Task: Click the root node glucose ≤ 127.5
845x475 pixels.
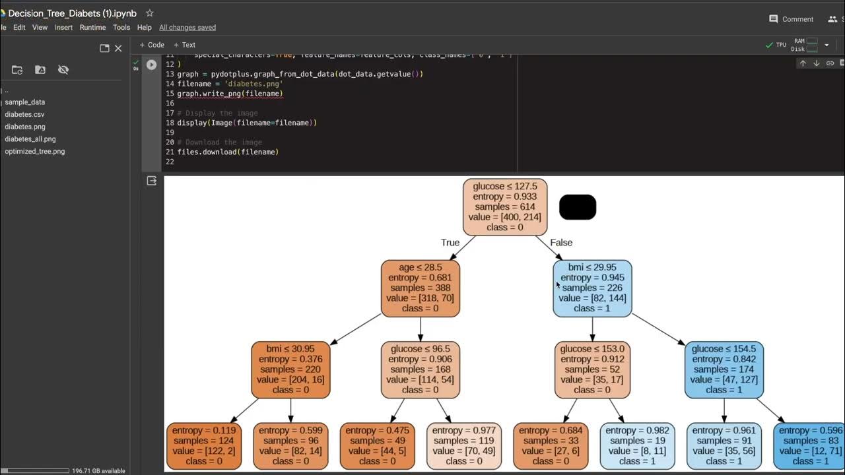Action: [x=505, y=207]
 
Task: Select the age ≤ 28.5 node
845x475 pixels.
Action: [x=420, y=288]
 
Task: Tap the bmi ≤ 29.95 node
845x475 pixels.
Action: [x=592, y=288]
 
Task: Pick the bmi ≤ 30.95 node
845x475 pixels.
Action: [x=290, y=369]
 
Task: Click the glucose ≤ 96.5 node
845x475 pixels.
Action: [x=420, y=369]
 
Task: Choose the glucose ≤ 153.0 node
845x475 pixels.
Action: [x=592, y=369]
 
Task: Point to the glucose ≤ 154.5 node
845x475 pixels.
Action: [x=724, y=369]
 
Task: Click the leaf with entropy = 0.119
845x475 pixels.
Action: [x=204, y=446]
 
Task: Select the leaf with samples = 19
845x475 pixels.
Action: [x=637, y=446]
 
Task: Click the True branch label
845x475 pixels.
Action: [x=450, y=243]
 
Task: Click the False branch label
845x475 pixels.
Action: [x=561, y=243]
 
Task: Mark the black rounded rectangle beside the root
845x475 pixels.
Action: [x=578, y=207]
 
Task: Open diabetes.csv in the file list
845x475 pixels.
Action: [x=24, y=114]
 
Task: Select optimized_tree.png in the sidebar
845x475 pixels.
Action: [x=35, y=151]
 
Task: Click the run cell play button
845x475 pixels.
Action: [x=152, y=65]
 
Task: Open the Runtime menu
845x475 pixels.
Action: [x=92, y=28]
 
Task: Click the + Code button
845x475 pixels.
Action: [x=152, y=45]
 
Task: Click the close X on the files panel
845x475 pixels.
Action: [x=118, y=48]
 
